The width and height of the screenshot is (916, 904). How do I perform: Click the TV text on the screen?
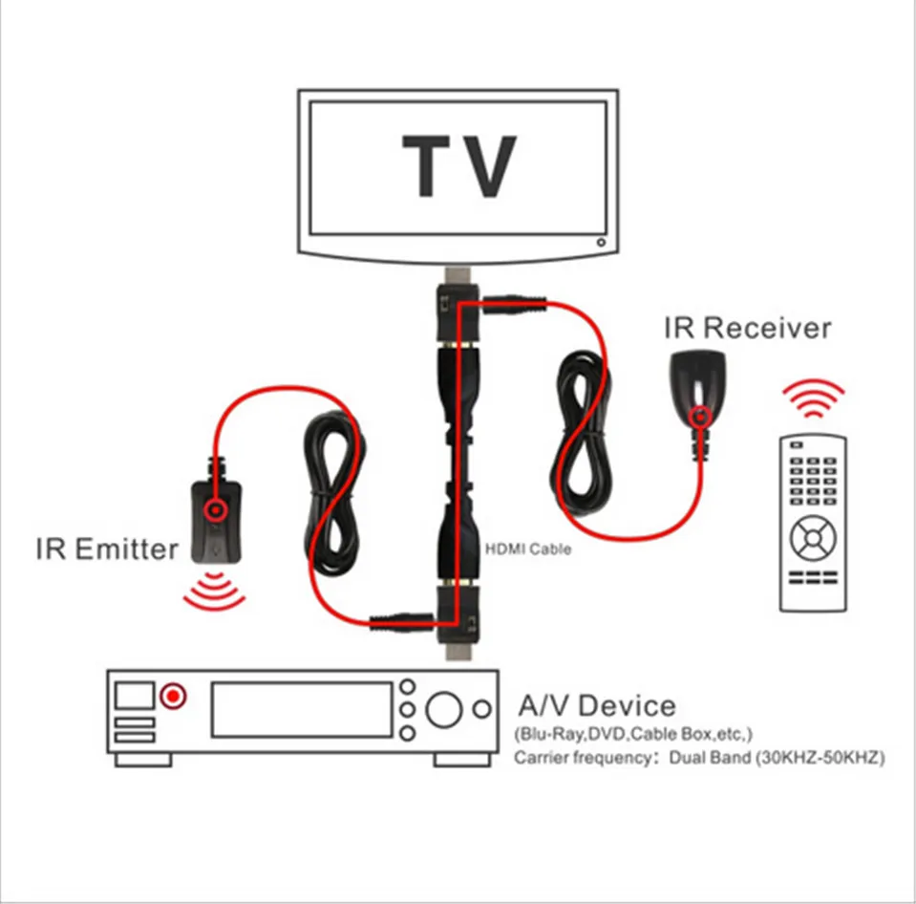pyautogui.click(x=459, y=166)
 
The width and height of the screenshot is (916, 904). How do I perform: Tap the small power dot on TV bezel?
pyautogui.click(x=600, y=243)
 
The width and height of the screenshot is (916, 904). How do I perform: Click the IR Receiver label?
pyautogui.click(x=747, y=328)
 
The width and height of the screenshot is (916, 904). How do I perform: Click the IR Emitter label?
pyautogui.click(x=107, y=549)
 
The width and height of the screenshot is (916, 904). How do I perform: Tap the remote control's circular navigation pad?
pyautogui.click(x=812, y=539)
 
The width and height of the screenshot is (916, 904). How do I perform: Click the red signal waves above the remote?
pyautogui.click(x=813, y=398)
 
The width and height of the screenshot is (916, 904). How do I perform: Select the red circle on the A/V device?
pyautogui.click(x=172, y=697)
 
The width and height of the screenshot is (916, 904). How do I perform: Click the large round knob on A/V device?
pyautogui.click(x=443, y=710)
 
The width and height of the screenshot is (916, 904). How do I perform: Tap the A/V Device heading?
pyautogui.click(x=596, y=706)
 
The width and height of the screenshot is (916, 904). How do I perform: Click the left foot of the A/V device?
pyautogui.click(x=143, y=760)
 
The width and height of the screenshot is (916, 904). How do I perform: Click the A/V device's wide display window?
pyautogui.click(x=301, y=710)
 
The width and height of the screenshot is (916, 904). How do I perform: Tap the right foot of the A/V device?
pyautogui.click(x=462, y=760)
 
